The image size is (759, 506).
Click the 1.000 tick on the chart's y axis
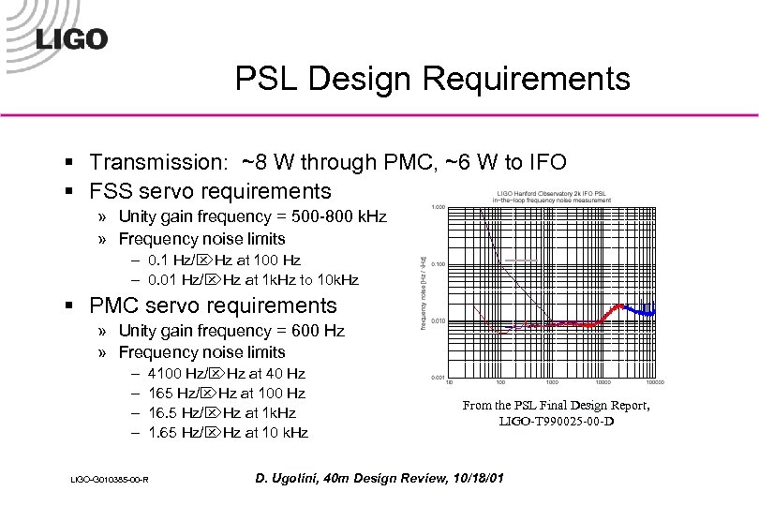tap(438, 206)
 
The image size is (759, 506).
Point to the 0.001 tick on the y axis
tap(438, 378)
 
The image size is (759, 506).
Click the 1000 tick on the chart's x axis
tap(553, 383)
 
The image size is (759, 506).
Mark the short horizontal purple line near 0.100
tap(521, 258)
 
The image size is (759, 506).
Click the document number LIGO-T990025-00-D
tap(557, 423)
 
